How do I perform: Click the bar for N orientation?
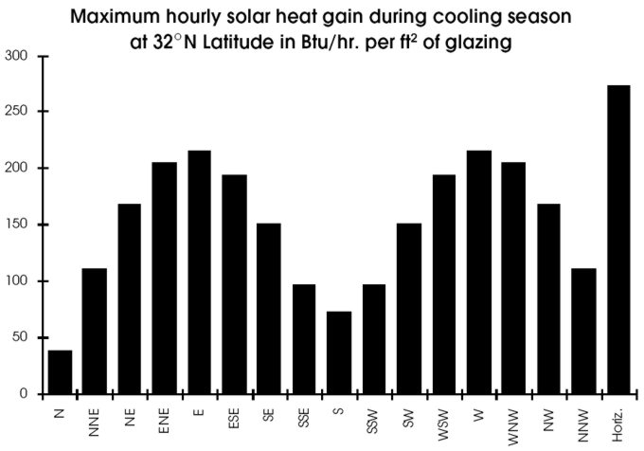pyautogui.click(x=60, y=371)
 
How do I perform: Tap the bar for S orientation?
pyautogui.click(x=339, y=352)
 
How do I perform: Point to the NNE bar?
pyautogui.click(x=94, y=331)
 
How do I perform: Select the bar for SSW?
pyautogui.click(x=374, y=338)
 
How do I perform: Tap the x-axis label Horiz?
pyautogui.click(x=618, y=418)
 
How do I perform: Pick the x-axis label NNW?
pyautogui.click(x=584, y=419)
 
